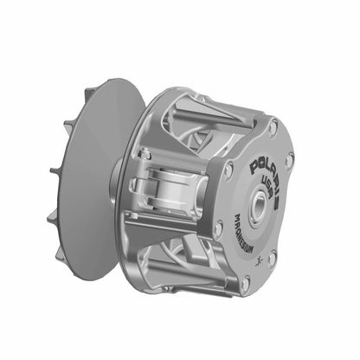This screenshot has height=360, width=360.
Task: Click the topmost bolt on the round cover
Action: tap(273, 128)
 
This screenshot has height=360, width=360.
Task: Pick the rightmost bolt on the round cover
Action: tap(289, 160)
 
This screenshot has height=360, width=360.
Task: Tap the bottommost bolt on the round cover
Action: tap(246, 281)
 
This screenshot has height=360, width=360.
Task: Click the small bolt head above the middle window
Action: tap(146, 154)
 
